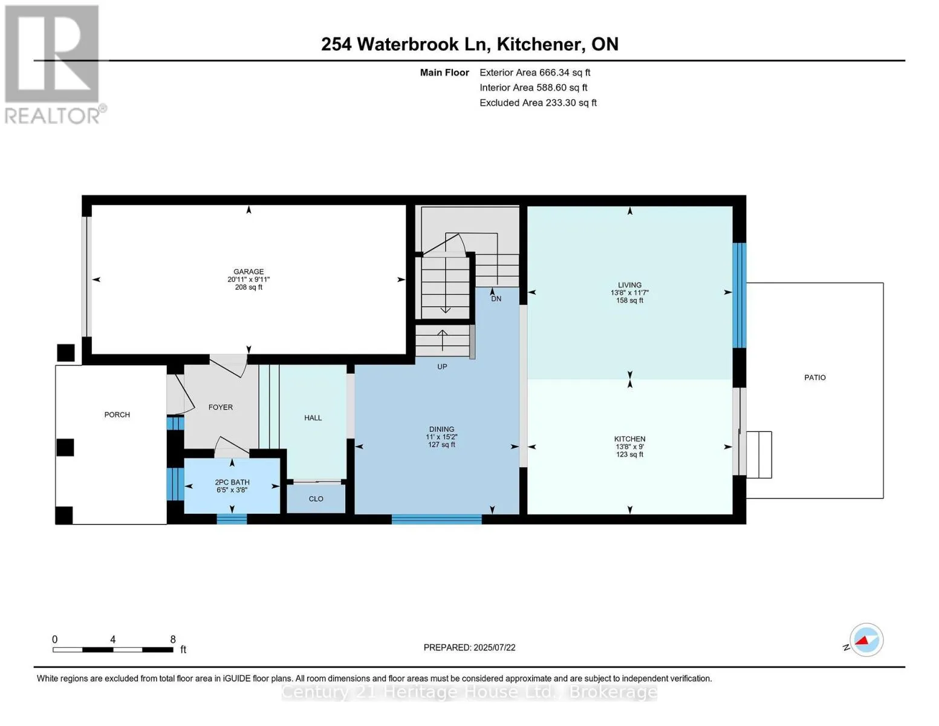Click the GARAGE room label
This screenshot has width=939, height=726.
(x=249, y=272)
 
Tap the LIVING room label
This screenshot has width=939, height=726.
(x=629, y=285)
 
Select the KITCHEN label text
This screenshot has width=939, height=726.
(x=629, y=439)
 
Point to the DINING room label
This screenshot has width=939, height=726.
(x=441, y=430)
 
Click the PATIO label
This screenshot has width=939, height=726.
(x=815, y=378)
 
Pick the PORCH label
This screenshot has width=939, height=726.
(x=117, y=414)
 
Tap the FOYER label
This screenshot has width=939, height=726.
(x=220, y=407)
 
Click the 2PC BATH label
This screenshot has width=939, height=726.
(x=232, y=482)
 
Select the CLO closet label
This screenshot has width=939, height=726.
(x=316, y=499)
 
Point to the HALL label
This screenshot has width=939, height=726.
(x=313, y=417)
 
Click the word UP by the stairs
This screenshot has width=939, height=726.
(x=442, y=367)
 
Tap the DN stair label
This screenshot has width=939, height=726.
(x=496, y=299)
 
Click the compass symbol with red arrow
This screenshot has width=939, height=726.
(x=866, y=640)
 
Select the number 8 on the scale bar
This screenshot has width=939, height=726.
(x=173, y=639)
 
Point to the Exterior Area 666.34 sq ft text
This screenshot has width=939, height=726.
(x=535, y=73)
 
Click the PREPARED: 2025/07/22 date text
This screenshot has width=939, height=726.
(x=469, y=647)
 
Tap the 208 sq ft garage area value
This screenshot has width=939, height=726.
(x=249, y=287)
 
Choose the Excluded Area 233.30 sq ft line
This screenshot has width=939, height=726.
(x=538, y=103)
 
